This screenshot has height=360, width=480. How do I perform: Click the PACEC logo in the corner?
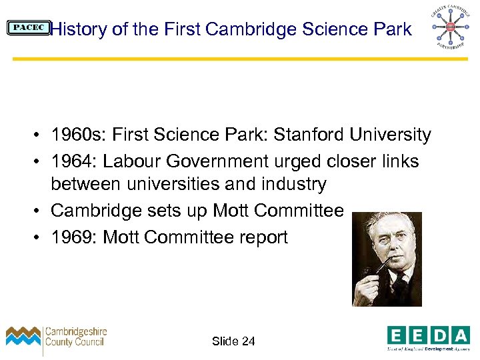28,28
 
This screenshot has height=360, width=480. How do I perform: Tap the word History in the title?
77,29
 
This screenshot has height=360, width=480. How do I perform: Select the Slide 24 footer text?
233,341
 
